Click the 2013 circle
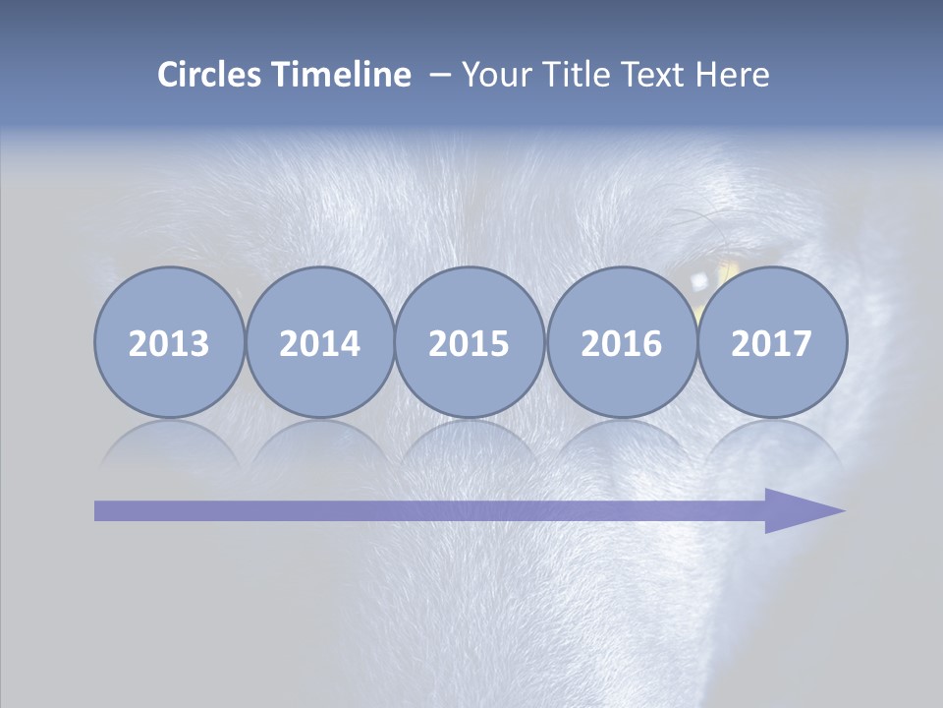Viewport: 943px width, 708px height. pyautogui.click(x=169, y=343)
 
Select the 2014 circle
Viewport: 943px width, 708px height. pyautogui.click(x=319, y=343)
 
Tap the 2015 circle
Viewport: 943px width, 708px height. pyautogui.click(x=470, y=343)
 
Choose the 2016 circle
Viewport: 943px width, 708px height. pyautogui.click(x=621, y=343)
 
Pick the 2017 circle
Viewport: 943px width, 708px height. pyautogui.click(x=772, y=343)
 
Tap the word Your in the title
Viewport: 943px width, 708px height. pyautogui.click(x=493, y=75)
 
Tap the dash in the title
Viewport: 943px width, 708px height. pyautogui.click(x=439, y=76)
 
